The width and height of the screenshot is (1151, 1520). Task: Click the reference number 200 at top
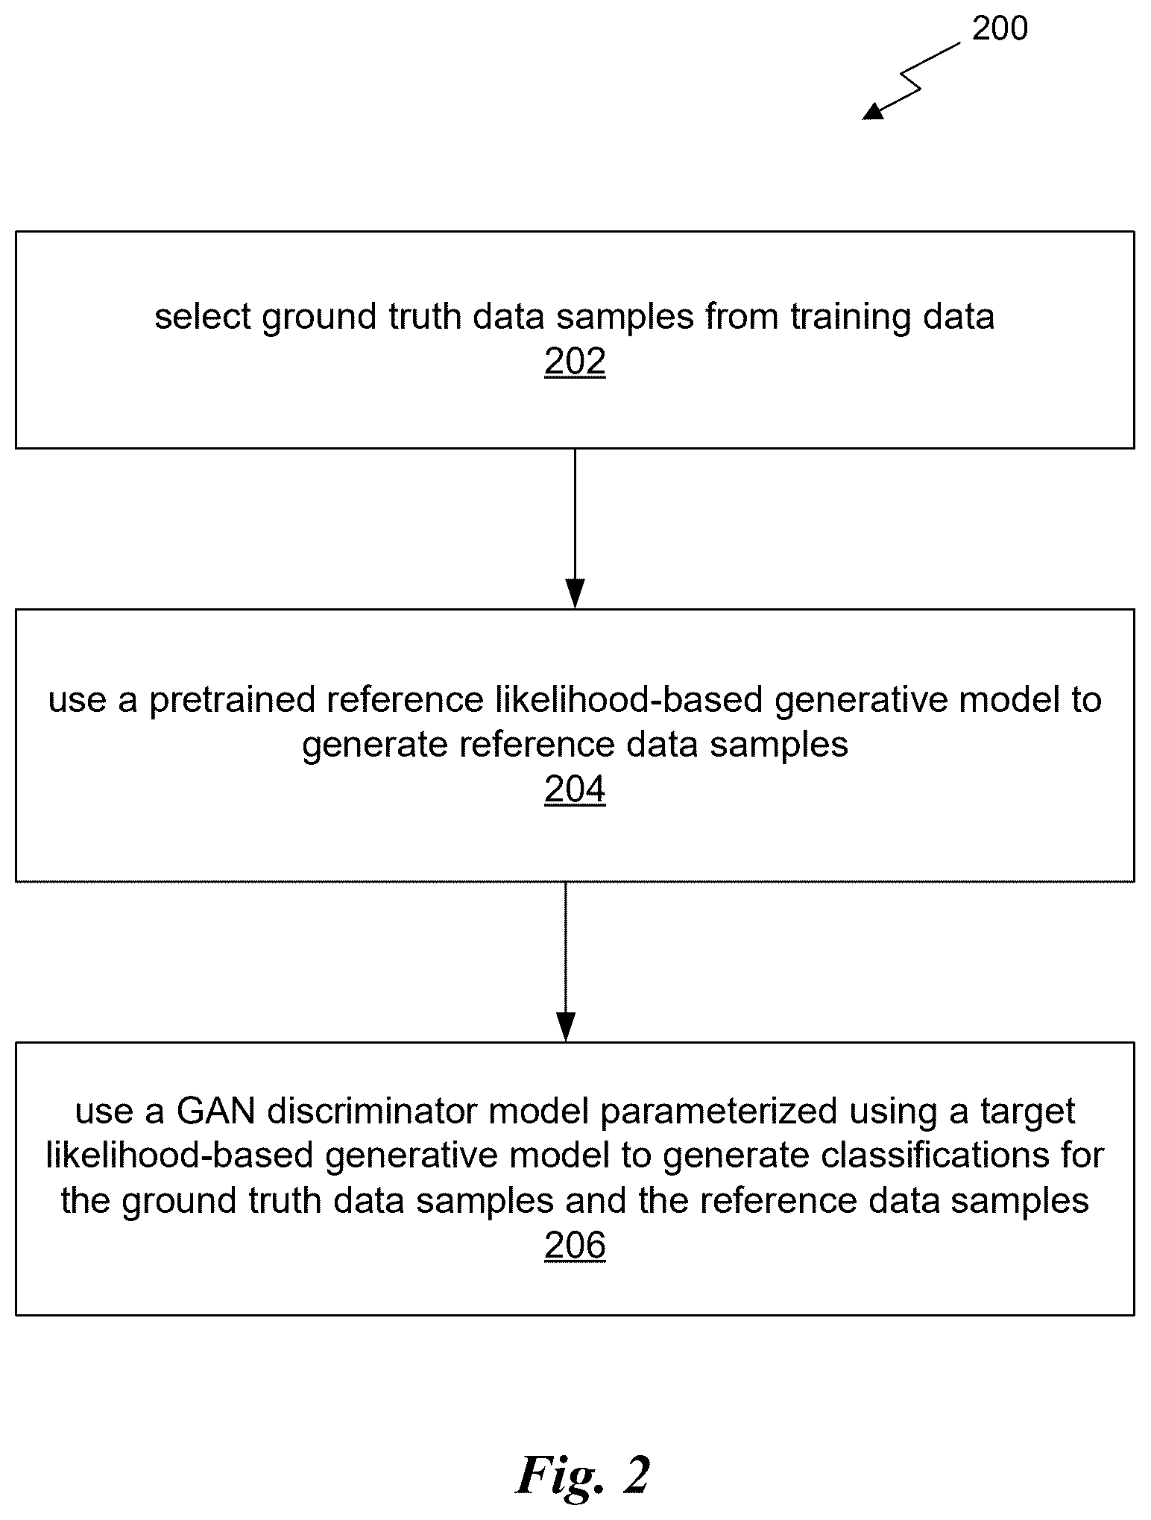[1000, 29]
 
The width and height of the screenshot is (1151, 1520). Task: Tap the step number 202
[575, 362]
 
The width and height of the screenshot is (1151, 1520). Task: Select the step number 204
[575, 790]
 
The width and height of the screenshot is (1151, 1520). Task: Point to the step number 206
[575, 1246]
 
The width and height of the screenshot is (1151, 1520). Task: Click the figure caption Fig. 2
[583, 1475]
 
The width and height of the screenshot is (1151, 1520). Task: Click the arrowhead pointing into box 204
[575, 593]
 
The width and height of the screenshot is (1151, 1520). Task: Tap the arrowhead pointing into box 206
[566, 1027]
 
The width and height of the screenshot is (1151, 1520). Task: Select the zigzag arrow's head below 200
[873, 111]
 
